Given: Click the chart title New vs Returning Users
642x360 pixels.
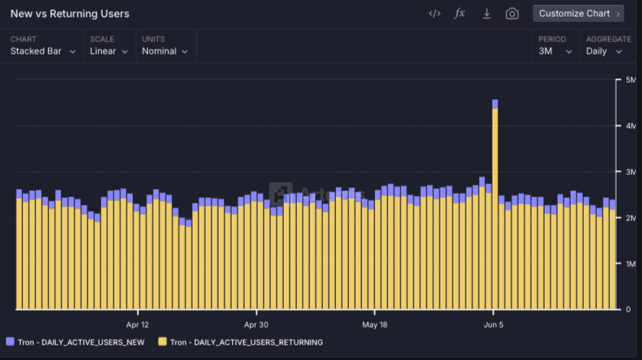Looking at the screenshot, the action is pyautogui.click(x=70, y=14).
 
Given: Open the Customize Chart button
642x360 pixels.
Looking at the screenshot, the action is pyautogui.click(x=578, y=14).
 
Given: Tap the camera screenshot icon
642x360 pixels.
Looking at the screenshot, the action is pyautogui.click(x=512, y=14).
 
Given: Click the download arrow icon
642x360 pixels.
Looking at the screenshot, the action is pyautogui.click(x=486, y=14).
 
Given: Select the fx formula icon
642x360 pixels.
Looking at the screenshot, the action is pyautogui.click(x=459, y=14).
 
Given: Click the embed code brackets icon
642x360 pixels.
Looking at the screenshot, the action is pyautogui.click(x=434, y=14).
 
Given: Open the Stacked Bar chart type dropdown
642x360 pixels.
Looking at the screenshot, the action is pyautogui.click(x=43, y=51).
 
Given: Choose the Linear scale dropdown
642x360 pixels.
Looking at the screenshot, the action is pyautogui.click(x=108, y=51).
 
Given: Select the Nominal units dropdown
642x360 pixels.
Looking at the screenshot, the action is pyautogui.click(x=165, y=51).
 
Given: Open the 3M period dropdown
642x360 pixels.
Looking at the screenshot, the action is pyautogui.click(x=555, y=51).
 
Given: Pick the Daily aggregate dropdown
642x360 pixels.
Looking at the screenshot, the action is pyautogui.click(x=604, y=51).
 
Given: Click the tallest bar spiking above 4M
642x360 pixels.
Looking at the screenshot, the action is pyautogui.click(x=495, y=204).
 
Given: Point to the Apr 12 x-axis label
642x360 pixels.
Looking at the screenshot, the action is pyautogui.click(x=137, y=325).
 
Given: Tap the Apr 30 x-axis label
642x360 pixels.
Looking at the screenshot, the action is pyautogui.click(x=256, y=325).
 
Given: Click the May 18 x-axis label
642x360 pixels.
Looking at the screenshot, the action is pyautogui.click(x=374, y=325).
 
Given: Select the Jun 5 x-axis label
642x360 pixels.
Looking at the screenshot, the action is pyautogui.click(x=493, y=325).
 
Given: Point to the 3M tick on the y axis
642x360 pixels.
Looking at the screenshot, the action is pyautogui.click(x=630, y=172).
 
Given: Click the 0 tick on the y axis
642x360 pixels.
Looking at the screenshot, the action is pyautogui.click(x=628, y=309).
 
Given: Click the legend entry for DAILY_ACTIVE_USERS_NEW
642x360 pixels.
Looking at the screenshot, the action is pyautogui.click(x=75, y=342).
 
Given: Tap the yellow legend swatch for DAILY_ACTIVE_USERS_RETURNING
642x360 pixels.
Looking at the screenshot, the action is pyautogui.click(x=163, y=342).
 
